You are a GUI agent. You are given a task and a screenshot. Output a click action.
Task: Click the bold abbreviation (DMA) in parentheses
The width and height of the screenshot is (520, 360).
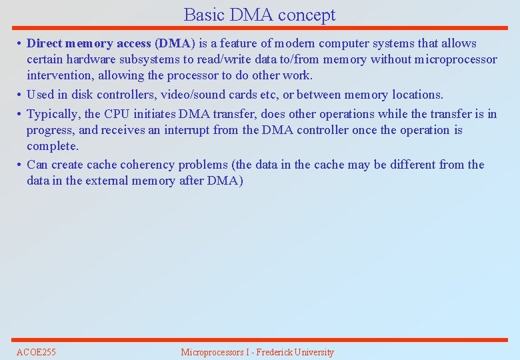pyautogui.click(x=175, y=43)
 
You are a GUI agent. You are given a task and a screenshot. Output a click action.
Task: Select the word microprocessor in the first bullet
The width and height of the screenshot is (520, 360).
pyautogui.click(x=455, y=59)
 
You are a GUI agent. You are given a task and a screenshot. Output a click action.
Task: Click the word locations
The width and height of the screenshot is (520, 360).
pyautogui.click(x=417, y=95)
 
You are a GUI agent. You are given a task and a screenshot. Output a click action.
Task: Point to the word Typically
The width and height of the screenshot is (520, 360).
pyautogui.click(x=53, y=114)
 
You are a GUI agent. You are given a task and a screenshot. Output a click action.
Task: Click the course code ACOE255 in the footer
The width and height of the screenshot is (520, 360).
pyautogui.click(x=36, y=352)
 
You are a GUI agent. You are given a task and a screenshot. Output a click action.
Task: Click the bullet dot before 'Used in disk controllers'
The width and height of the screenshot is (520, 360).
pyautogui.click(x=20, y=95)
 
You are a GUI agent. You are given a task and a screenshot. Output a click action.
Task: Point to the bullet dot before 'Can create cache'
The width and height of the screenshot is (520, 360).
pyautogui.click(x=20, y=165)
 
